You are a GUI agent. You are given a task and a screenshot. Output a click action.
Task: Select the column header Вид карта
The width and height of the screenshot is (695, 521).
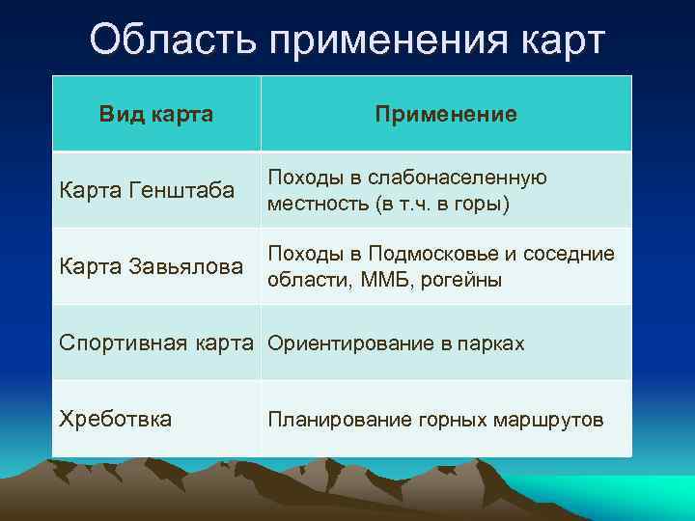[156, 114]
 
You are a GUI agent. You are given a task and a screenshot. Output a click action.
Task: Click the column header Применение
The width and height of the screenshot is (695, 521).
[446, 114]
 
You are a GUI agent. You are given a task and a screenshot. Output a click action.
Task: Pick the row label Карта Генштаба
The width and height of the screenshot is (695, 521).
[147, 190]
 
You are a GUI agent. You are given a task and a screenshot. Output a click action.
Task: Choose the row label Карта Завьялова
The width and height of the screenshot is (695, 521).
[152, 266]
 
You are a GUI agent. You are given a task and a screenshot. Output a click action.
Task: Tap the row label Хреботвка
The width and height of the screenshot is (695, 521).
[116, 419]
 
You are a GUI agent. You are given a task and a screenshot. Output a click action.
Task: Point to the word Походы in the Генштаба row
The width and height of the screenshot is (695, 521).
[299, 178]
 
